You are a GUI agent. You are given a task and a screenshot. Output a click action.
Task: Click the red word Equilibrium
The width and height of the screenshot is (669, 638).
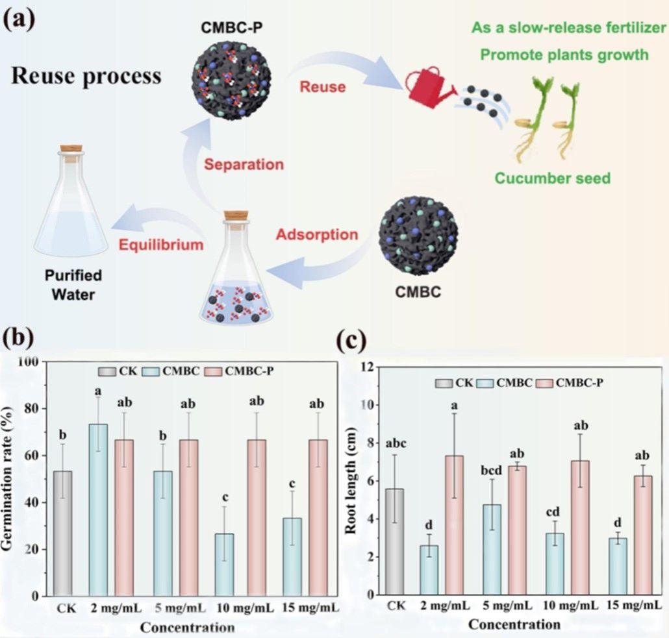162,245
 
